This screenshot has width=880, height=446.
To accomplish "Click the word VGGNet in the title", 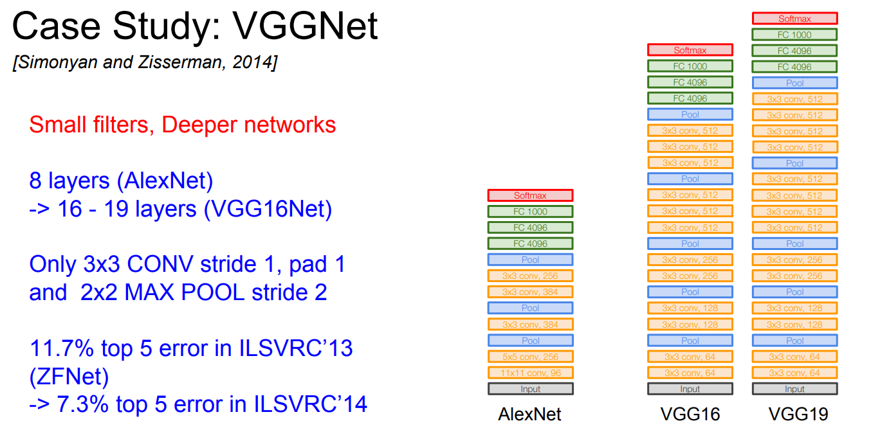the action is [x=305, y=26].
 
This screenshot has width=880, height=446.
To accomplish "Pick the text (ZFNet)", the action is [x=69, y=377].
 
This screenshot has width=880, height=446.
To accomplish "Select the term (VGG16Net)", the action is [x=268, y=209].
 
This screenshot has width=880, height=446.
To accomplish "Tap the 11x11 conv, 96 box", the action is [x=530, y=373].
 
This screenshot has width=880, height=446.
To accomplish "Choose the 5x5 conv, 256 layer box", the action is [x=530, y=357].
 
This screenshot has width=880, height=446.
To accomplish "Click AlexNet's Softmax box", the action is [x=530, y=195].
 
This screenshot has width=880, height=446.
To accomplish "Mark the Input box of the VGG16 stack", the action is [x=690, y=389].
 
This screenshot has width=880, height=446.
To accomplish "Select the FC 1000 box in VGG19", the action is [x=794, y=35].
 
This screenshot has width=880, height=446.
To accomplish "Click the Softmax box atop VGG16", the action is [x=690, y=50].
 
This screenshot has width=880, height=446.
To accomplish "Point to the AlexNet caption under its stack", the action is [x=529, y=415].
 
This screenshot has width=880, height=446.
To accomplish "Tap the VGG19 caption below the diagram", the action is [x=798, y=415].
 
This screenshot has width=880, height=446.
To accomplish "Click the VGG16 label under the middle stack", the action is [x=690, y=415].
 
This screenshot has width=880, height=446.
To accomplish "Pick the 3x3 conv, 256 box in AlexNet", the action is [x=530, y=276].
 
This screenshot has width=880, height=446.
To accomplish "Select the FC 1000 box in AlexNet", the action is [x=530, y=211].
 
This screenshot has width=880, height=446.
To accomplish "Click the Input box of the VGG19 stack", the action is [x=794, y=389].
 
